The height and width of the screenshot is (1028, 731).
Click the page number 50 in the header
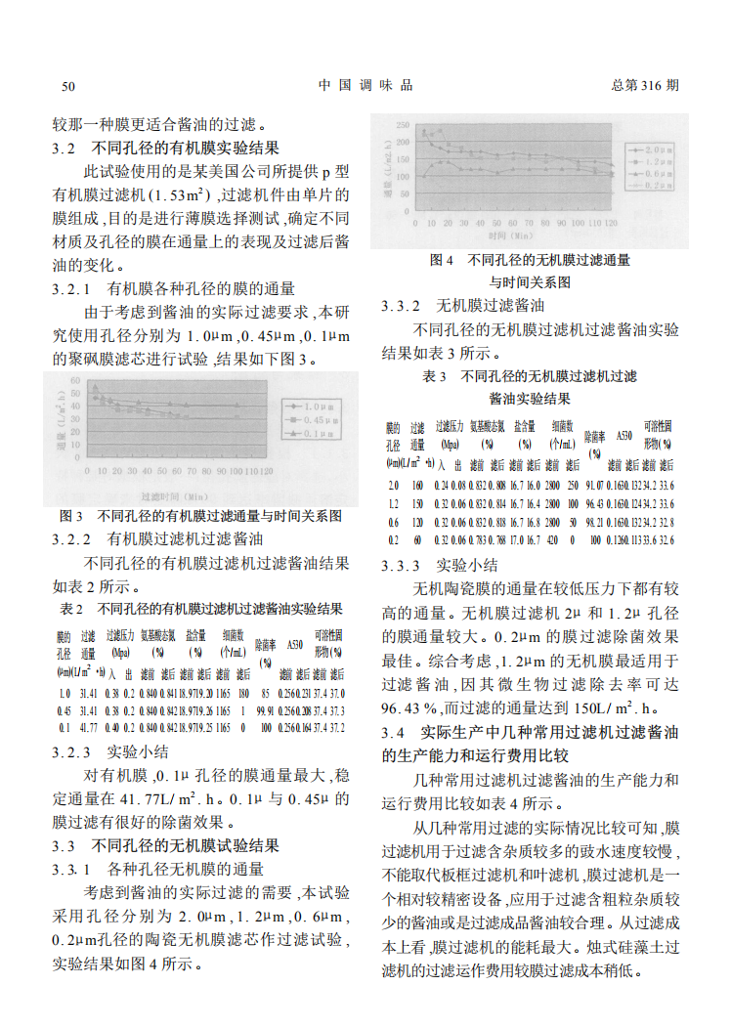[68, 86]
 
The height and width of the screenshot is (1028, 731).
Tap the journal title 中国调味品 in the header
[365, 85]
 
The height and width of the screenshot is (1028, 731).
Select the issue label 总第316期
[644, 85]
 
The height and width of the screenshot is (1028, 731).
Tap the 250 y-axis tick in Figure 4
[403, 125]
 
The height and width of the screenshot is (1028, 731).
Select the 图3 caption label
[70, 515]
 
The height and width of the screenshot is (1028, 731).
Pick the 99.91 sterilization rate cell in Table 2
[266, 710]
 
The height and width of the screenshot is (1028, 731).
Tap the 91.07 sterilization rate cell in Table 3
[594, 486]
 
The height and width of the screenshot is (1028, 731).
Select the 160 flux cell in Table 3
[417, 486]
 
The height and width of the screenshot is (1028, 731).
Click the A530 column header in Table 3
[624, 436]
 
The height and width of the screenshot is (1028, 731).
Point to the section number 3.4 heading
[393, 732]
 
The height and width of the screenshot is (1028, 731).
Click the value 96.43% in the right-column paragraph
[409, 707]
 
